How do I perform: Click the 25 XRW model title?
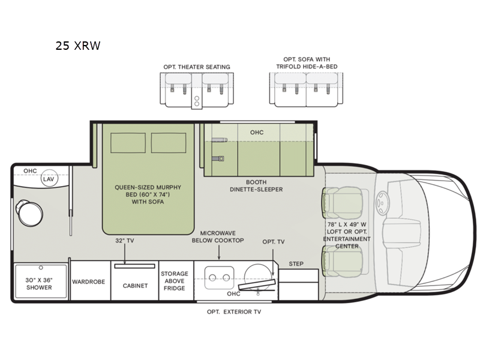tap(78, 45)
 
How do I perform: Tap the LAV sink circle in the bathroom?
tap(49, 179)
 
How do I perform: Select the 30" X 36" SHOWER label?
tap(38, 283)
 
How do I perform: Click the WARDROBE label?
tap(89, 281)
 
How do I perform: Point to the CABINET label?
tap(135, 286)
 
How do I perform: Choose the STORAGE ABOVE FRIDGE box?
tap(175, 281)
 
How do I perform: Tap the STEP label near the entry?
tap(296, 263)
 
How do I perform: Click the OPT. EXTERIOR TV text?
tap(234, 311)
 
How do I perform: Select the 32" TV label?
tap(124, 241)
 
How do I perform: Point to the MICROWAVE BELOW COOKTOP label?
tap(218, 236)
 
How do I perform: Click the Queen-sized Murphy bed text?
tap(148, 194)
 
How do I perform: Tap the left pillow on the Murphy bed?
tap(128, 143)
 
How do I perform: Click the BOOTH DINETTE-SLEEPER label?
tap(256, 185)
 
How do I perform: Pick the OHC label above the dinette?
tap(256, 132)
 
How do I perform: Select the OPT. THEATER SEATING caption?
tap(196, 67)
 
